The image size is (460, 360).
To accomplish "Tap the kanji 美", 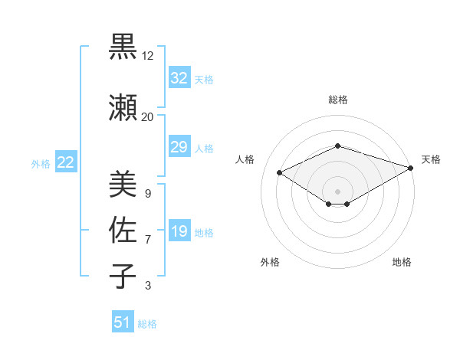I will [x=123, y=184].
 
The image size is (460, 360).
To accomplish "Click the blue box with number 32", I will [x=179, y=79].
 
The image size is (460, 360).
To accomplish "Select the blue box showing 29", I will [x=179, y=148].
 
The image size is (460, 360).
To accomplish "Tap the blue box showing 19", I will [x=179, y=232].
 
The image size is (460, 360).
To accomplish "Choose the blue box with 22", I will [x=66, y=162].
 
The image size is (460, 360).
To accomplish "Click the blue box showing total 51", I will [x=123, y=323].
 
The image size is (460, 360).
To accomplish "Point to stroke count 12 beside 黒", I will [x=148, y=56].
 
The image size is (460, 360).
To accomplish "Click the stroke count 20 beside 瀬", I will [x=148, y=116].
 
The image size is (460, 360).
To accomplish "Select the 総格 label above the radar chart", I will [x=337, y=100].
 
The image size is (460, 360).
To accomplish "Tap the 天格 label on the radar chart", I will [x=431, y=159].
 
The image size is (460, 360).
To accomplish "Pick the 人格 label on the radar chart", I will [x=245, y=159].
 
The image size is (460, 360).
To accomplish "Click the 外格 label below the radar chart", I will [x=269, y=262].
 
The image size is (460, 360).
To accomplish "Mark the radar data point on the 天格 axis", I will [x=412, y=168].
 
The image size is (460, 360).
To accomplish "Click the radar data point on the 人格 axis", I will [x=280, y=172].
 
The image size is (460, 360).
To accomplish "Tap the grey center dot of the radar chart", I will [x=337, y=191].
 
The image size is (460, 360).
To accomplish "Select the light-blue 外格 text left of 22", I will [x=40, y=163].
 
